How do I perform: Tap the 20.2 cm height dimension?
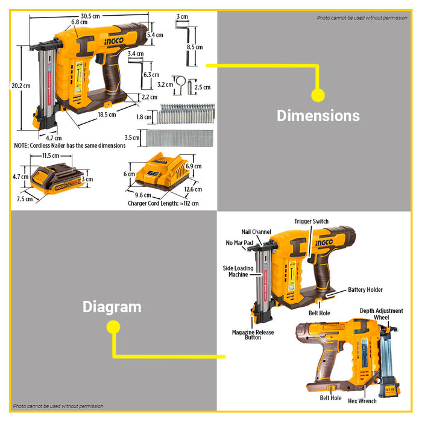pyautogui.click(x=20, y=86)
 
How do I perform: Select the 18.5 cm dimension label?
pyautogui.click(x=107, y=115)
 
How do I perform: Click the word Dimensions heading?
pyautogui.click(x=318, y=116)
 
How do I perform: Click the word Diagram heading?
pyautogui.click(x=112, y=307)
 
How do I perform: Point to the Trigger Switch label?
pyautogui.click(x=312, y=221)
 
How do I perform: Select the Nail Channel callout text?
pyautogui.click(x=256, y=231)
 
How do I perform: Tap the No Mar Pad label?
pyautogui.click(x=238, y=242)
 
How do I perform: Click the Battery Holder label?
pyautogui.click(x=365, y=290)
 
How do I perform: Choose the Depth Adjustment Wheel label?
pyautogui.click(x=382, y=314)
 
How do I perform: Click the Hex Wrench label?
pyautogui.click(x=362, y=401)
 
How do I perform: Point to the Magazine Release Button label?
pyautogui.click(x=253, y=335)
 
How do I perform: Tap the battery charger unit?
pyautogui.click(x=160, y=175)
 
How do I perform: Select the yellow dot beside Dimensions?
pyautogui.click(x=318, y=95)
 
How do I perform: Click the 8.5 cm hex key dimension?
pyautogui.click(x=194, y=47)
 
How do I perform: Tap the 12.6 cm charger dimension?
pyautogui.click(x=193, y=189)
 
